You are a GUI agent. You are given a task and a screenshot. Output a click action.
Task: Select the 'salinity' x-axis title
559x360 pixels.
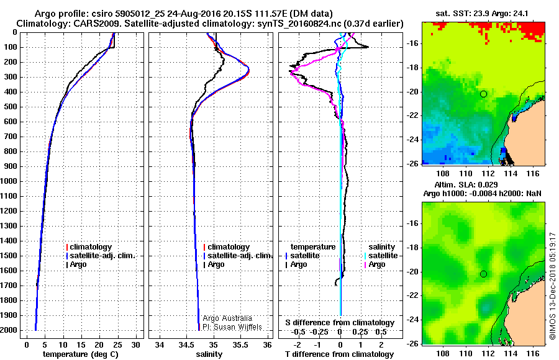pyautogui.click(x=209, y=354)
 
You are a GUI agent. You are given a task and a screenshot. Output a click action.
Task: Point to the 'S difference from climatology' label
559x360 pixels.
pyautogui.click(x=340, y=323)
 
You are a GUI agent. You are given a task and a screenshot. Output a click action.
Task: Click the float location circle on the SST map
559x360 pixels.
pyautogui.click(x=483, y=94)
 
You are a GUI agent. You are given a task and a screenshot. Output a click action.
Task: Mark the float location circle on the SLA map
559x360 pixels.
pyautogui.click(x=483, y=274)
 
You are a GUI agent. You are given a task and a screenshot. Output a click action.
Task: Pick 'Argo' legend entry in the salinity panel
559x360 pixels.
pyautogui.click(x=216, y=264)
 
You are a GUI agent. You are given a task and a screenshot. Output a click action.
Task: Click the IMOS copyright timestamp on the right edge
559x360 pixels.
pyautogui.click(x=552, y=286)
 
